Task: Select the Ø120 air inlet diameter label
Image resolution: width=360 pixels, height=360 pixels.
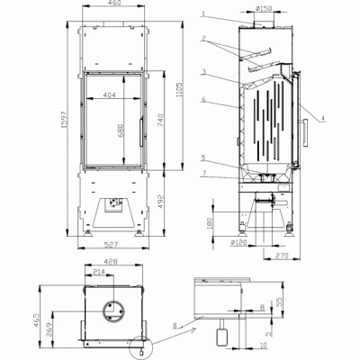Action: point(238,242)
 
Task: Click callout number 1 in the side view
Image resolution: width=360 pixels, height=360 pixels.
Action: point(204,13)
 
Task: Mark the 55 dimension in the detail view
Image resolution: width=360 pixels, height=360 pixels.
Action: point(279,303)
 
